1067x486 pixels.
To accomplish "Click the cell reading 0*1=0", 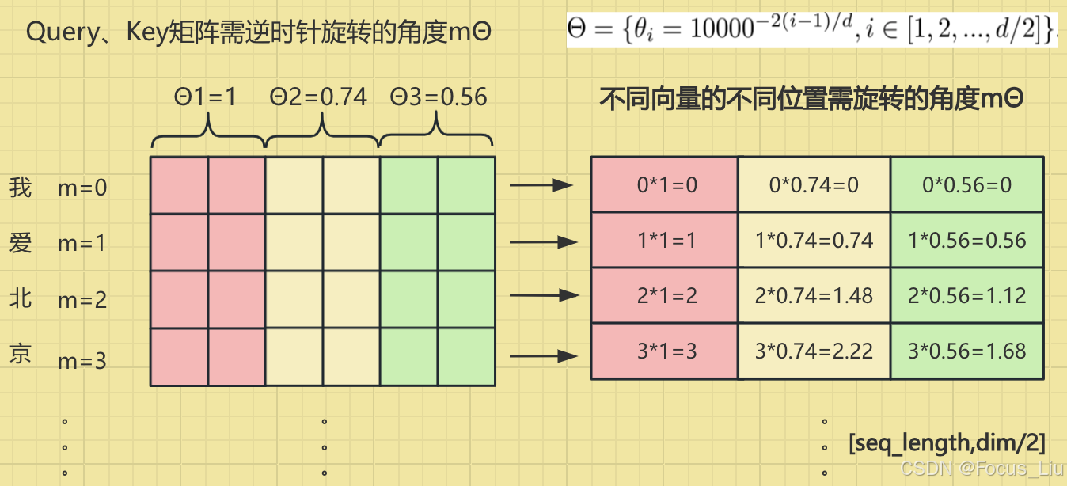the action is pyautogui.click(x=666, y=184).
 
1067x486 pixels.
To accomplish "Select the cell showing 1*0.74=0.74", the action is pyautogui.click(x=814, y=240).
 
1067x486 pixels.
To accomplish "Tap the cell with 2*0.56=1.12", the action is pyautogui.click(x=966, y=295).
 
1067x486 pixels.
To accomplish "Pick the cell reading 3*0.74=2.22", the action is pyautogui.click(x=814, y=351).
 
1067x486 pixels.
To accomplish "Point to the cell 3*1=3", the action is pyautogui.click(x=666, y=351).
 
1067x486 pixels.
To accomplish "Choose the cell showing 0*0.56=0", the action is pyautogui.click(x=966, y=184).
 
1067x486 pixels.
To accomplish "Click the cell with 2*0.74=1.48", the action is pyautogui.click(x=814, y=295).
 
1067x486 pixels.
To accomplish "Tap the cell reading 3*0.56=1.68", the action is pyautogui.click(x=966, y=351).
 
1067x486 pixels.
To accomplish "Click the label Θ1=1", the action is pyautogui.click(x=205, y=97).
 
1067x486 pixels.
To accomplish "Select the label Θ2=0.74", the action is pyautogui.click(x=318, y=97).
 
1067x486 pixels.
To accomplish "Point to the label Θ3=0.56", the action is pyautogui.click(x=439, y=97).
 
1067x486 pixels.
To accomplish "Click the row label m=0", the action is pyautogui.click(x=82, y=188).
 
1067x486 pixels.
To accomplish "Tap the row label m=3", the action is pyautogui.click(x=82, y=361).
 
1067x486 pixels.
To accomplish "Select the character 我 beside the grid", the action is pyautogui.click(x=21, y=187).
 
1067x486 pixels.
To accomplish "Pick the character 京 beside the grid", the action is pyautogui.click(x=21, y=353).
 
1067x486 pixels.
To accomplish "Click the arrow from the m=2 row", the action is pyautogui.click(x=544, y=295).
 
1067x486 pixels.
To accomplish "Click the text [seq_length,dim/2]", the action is pyautogui.click(x=947, y=442).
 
